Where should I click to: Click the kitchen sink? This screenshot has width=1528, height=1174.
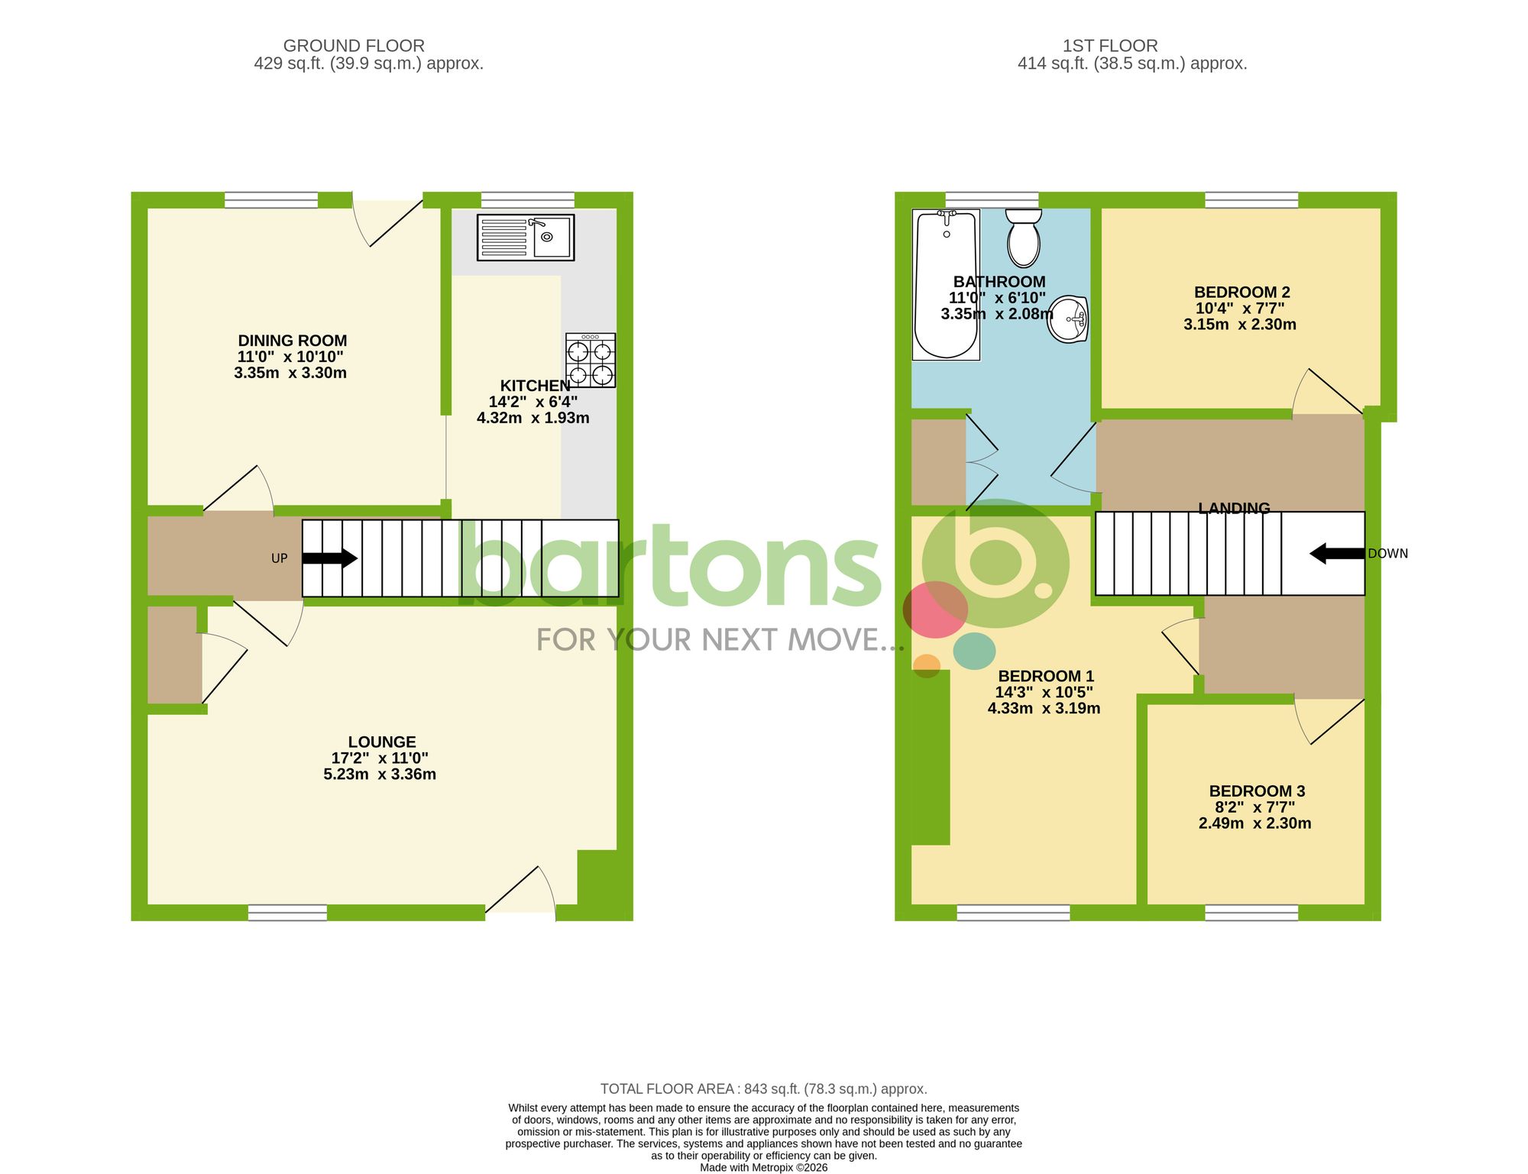(x=526, y=238)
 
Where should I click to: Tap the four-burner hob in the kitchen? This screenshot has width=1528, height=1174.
(x=591, y=361)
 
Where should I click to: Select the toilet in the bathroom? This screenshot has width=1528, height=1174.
(x=1023, y=237)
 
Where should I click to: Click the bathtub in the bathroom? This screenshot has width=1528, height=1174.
(x=946, y=284)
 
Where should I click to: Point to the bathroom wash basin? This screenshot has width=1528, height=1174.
(x=1068, y=319)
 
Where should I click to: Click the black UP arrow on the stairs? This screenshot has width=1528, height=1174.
(x=329, y=558)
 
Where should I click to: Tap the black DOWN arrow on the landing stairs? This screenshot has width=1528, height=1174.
(x=1337, y=554)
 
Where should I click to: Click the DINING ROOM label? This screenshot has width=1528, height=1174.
(x=292, y=341)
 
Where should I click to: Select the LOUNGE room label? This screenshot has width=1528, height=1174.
(x=382, y=742)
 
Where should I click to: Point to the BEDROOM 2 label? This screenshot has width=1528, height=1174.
(x=1241, y=293)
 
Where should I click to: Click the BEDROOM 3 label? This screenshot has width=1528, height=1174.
(x=1257, y=791)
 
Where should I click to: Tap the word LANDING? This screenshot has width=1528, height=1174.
(x=1234, y=507)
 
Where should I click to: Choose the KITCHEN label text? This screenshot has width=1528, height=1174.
(x=535, y=386)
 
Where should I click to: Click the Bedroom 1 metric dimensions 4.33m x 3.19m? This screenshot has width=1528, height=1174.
(x=1044, y=709)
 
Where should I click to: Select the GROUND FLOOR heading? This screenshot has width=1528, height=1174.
(x=354, y=46)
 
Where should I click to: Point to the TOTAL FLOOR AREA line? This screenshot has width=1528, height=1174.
(x=763, y=1088)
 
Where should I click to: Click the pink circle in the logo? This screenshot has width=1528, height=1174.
(x=935, y=610)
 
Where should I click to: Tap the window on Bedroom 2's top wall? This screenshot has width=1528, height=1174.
(x=1251, y=200)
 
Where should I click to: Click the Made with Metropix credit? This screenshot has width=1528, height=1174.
(x=763, y=1167)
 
